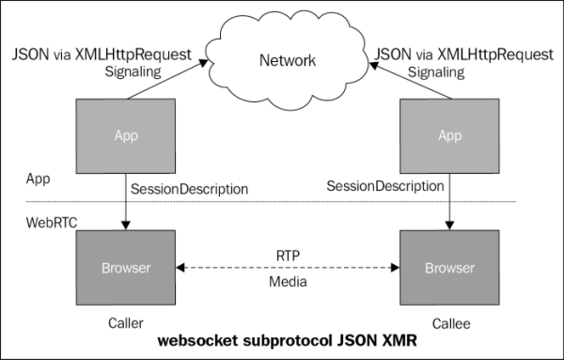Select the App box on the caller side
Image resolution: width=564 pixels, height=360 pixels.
[x=125, y=135]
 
